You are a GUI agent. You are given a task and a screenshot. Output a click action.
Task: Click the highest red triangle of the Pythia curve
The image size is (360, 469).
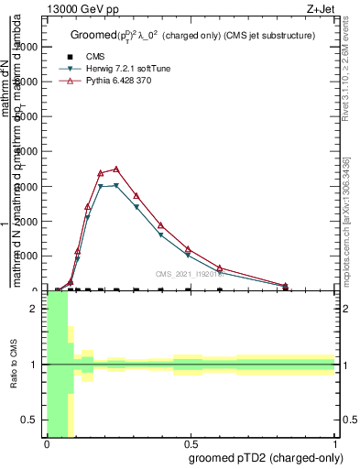click(115, 169)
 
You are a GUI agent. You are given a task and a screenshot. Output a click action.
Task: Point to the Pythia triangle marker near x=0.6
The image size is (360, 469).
click(220, 267)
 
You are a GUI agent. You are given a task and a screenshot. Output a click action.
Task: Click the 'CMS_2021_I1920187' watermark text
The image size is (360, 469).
click(189, 274)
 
